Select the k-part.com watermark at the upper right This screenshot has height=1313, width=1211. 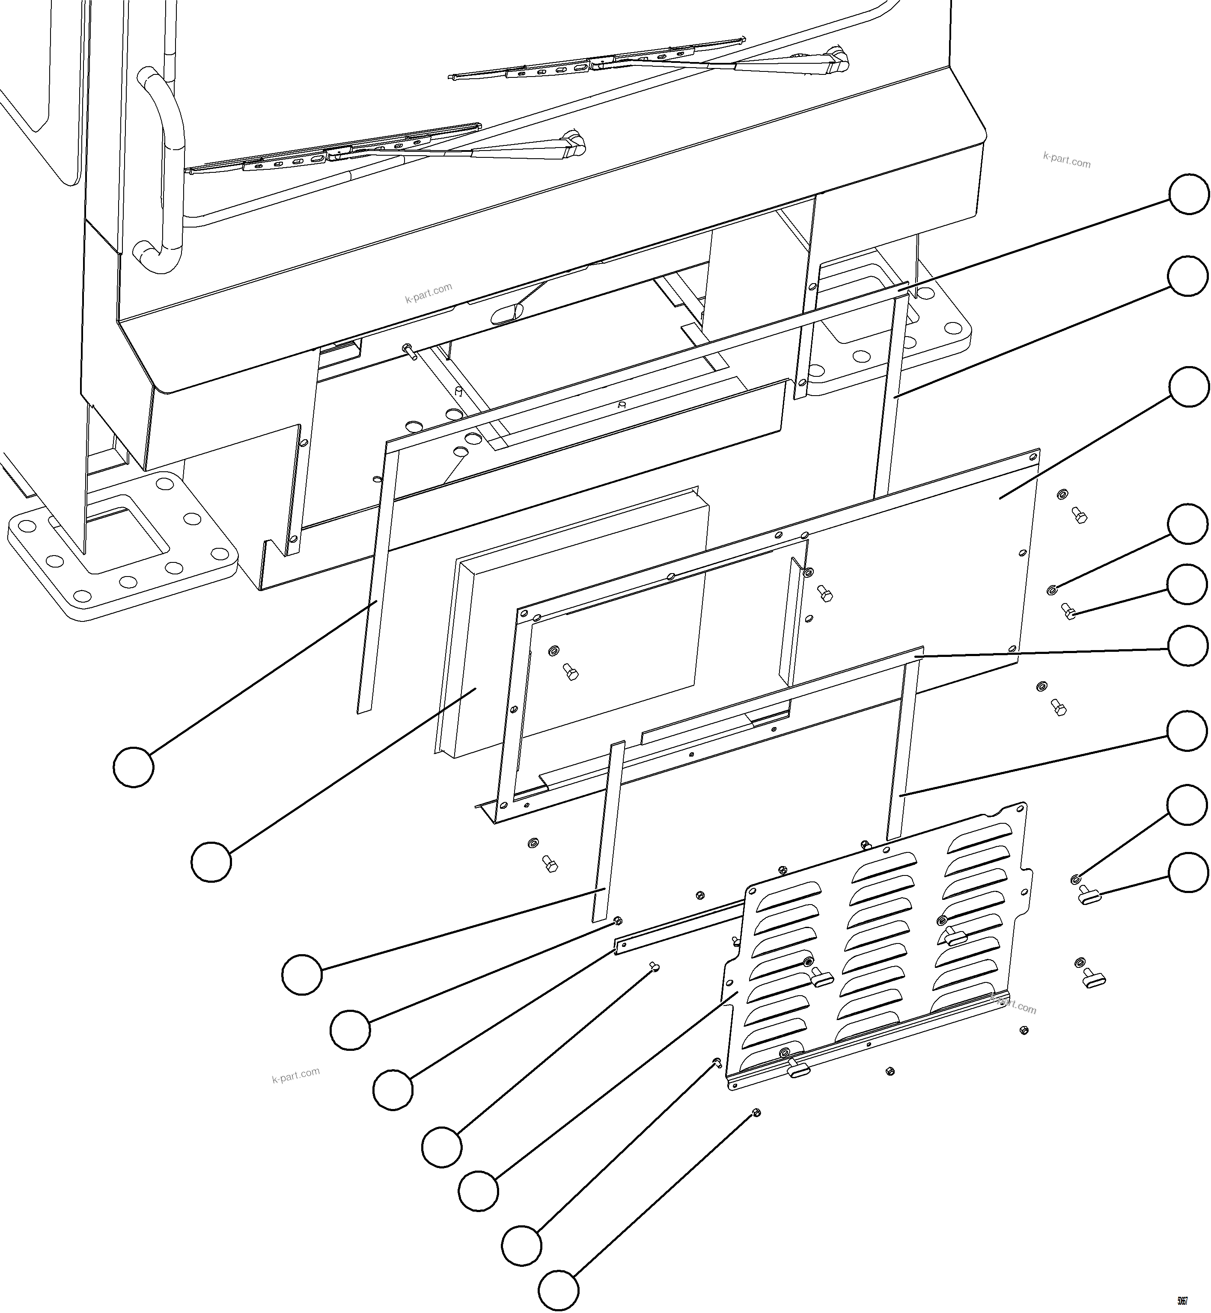[x=1066, y=160]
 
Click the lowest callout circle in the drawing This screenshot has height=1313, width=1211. [x=558, y=1291]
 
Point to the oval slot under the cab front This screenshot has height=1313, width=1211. [x=507, y=314]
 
